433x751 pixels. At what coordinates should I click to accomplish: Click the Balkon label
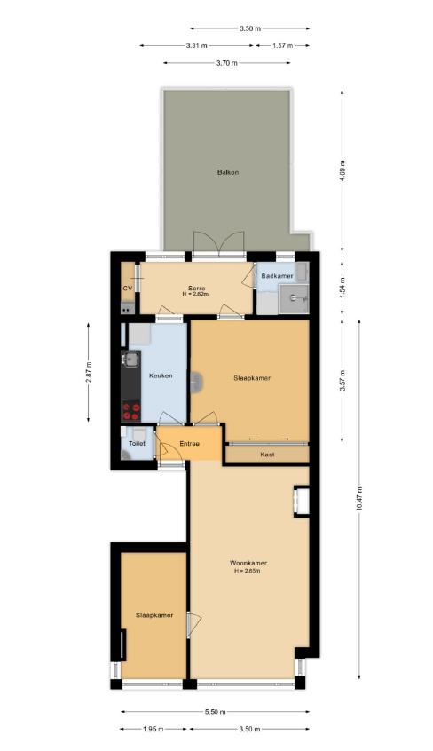click(227, 172)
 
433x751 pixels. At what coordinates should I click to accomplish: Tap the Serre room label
click(196, 289)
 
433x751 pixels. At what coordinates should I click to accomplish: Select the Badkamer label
click(278, 276)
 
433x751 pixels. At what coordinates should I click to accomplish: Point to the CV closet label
click(128, 289)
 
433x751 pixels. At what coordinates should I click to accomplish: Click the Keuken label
click(161, 376)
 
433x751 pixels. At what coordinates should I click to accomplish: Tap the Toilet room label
click(137, 444)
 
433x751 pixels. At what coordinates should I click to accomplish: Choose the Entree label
click(190, 444)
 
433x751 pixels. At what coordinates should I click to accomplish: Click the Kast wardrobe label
click(267, 454)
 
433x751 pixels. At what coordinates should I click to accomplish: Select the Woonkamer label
click(248, 563)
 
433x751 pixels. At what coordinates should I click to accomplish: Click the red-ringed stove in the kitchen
click(130, 411)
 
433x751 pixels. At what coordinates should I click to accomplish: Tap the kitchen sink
click(130, 359)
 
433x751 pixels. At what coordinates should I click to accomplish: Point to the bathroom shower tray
click(294, 299)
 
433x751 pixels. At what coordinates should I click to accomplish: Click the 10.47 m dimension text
click(359, 499)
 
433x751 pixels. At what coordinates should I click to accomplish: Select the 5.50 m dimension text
click(215, 712)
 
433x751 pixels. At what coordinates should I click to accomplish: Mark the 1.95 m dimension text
click(154, 730)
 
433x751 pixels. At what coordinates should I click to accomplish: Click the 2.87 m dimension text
click(88, 372)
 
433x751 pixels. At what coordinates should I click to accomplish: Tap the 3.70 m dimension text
click(226, 63)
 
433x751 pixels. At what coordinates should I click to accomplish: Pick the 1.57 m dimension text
click(282, 46)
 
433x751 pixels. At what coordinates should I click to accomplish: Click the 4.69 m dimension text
click(342, 170)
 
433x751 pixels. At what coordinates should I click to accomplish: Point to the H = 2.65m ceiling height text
click(248, 571)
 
